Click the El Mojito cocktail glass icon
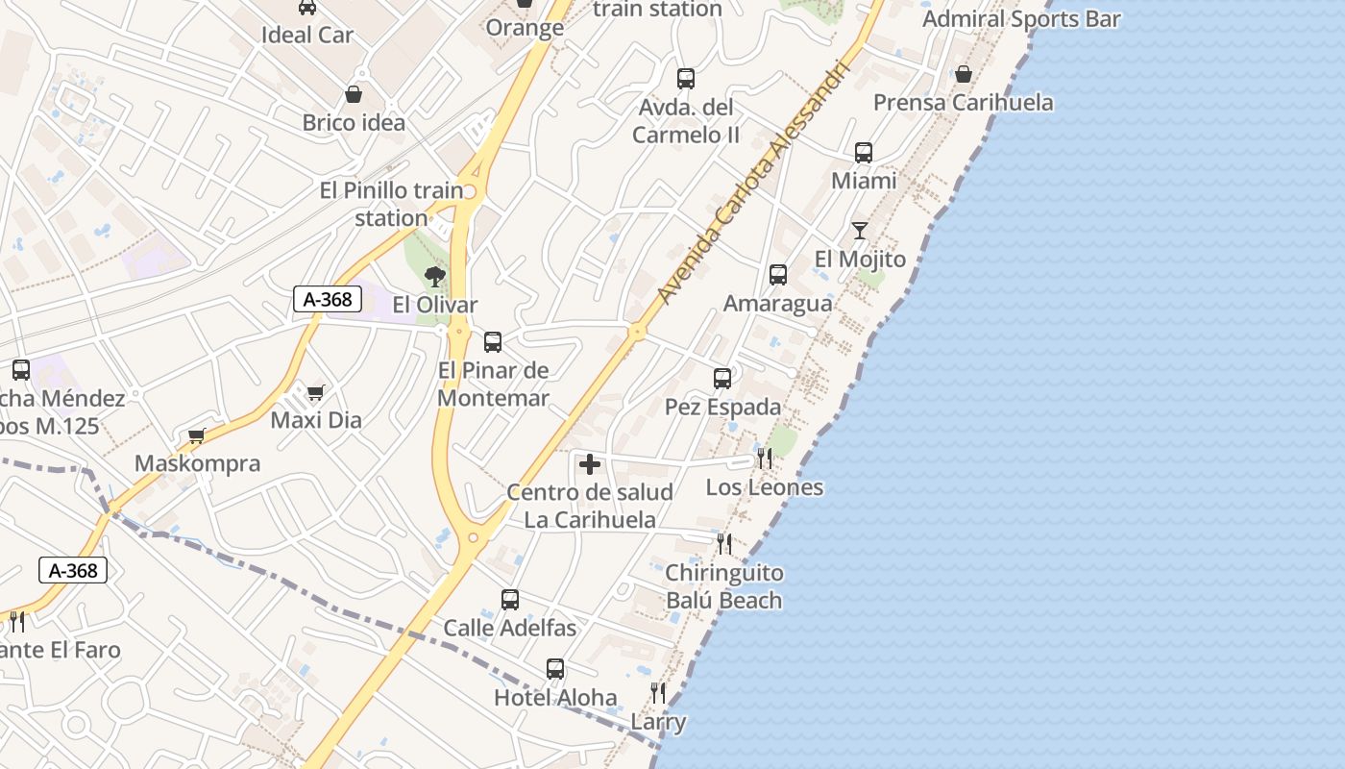tap(859, 231)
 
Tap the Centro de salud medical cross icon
tap(590, 465)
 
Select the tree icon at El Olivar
tap(435, 278)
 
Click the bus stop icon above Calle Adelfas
tap(510, 600)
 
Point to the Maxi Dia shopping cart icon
tap(315, 392)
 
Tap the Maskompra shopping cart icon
tap(197, 435)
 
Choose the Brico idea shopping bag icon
tap(354, 94)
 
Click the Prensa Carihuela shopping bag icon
tap(963, 74)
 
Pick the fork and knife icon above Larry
tap(658, 692)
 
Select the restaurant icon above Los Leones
tap(765, 458)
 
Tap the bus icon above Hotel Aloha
tap(555, 668)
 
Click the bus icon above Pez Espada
tap(722, 379)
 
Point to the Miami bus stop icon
tap(864, 153)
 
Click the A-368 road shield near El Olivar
tap(328, 299)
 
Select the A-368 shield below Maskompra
tap(73, 570)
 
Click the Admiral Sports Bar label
tap(1021, 18)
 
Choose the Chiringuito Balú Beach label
tap(724, 586)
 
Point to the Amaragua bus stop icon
tap(778, 275)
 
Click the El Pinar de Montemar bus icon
tap(493, 341)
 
